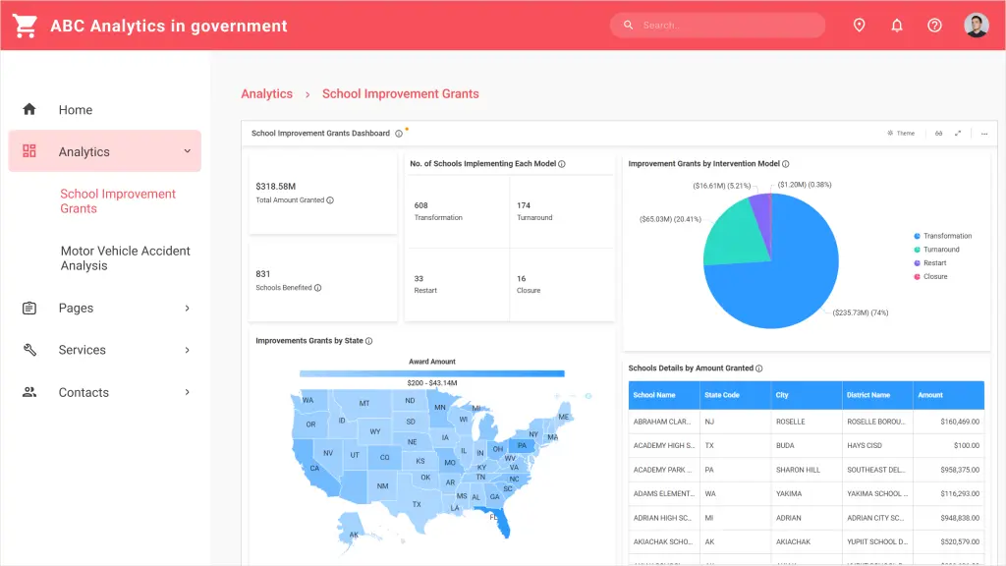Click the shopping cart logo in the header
coord(25,26)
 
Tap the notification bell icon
coord(897,26)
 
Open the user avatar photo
coord(976,26)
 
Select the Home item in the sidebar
coord(75,110)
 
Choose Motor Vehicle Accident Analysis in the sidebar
coord(125,258)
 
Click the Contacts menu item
coord(84,392)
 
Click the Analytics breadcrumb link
coord(267,94)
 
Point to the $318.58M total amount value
coord(276,186)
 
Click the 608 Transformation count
coord(421,205)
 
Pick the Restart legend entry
coord(934,263)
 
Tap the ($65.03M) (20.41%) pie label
coord(670,219)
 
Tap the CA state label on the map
coord(314,469)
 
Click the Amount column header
coord(930,395)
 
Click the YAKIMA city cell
coord(790,493)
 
